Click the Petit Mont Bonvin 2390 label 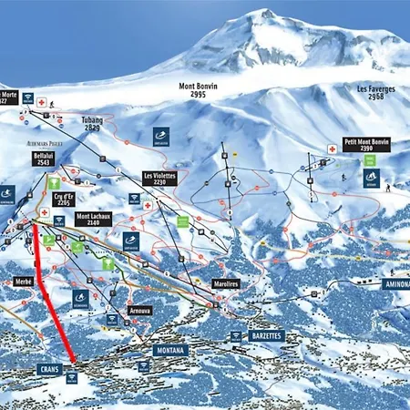366,145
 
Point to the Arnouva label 139,310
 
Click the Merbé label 24,282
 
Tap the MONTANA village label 170,350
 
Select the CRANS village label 49,369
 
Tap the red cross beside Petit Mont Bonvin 333,149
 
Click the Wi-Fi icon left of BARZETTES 236,336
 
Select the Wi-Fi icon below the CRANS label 71,378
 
